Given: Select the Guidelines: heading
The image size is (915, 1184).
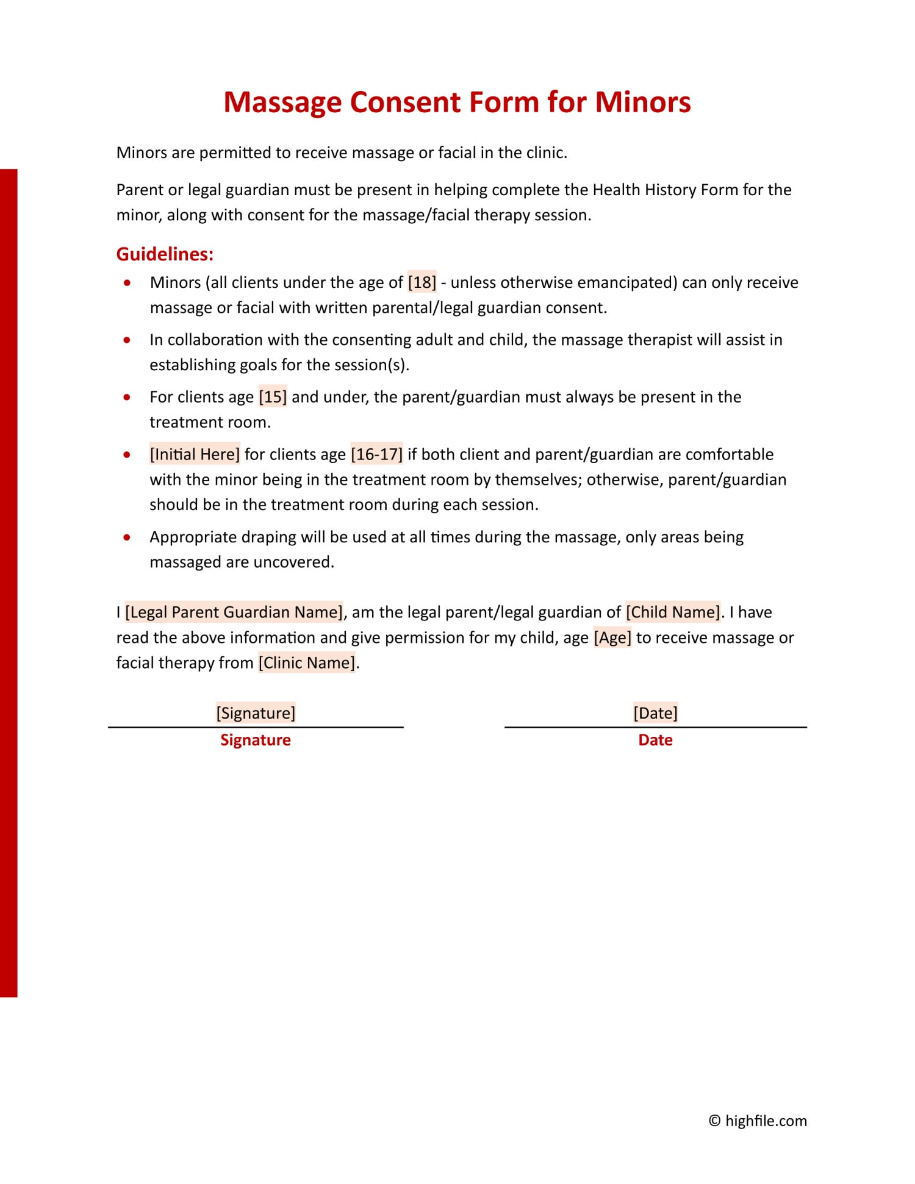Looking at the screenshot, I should coord(165,254).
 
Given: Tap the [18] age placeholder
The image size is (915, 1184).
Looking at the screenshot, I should coord(422,282).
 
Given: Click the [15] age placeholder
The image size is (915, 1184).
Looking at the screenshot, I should coord(273,397).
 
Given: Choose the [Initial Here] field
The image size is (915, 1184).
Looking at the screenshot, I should coord(195,454).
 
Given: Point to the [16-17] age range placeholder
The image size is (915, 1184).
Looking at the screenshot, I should coord(376,454).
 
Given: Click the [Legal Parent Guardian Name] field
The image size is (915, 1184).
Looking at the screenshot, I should coord(234,612).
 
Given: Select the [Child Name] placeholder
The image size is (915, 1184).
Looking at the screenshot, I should coord(673,612).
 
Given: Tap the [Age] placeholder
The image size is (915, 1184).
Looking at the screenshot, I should coord(612,638).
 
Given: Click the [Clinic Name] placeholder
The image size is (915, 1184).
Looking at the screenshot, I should coord(307,663).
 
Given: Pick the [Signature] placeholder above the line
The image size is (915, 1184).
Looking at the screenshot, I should coord(256,713).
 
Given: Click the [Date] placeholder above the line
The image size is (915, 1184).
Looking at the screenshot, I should coord(655,713).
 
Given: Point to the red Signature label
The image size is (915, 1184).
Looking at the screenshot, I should coord(256,740).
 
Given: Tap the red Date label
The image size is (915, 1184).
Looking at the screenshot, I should coord(655,740).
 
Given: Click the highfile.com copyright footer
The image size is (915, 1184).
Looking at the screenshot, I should coord(758,1121).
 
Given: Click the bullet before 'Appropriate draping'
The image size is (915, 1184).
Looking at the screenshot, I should coord(127,537).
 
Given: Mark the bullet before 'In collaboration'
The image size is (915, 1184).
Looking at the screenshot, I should coord(127,340).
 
